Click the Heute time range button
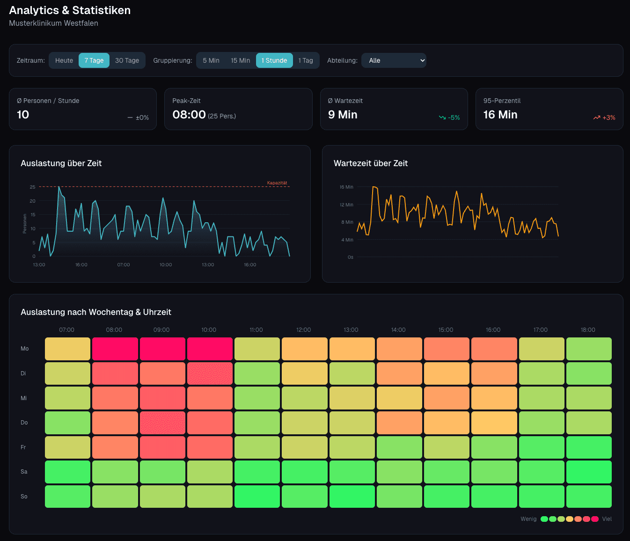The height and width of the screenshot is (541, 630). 64,60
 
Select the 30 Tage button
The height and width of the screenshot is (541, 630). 127,60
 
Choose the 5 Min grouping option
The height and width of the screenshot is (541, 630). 211,60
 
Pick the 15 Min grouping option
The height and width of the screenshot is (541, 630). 240,60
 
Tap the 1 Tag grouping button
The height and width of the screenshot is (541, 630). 306,60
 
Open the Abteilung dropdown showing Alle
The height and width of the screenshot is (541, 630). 394,60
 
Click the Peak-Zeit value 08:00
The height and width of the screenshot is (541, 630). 189,115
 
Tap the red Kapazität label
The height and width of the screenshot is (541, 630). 277,183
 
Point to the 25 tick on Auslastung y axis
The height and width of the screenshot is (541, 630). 33,187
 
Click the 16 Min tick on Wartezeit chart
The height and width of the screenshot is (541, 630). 347,187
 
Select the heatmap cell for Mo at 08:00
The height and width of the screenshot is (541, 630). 115,349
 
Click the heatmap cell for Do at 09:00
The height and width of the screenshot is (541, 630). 162,423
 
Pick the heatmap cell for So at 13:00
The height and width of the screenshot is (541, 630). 352,497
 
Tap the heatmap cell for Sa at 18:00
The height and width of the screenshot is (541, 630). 589,472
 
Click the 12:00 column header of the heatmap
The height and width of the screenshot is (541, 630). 303,330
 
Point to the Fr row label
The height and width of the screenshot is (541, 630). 23,447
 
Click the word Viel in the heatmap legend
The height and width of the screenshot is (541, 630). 607,519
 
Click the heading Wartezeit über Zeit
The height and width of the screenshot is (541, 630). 371,163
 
